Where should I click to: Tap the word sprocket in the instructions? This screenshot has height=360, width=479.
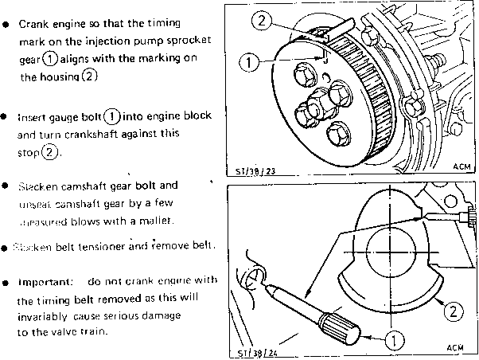[x=179, y=41]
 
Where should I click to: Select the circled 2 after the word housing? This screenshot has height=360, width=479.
[x=89, y=77]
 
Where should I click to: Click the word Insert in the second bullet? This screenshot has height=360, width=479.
[x=33, y=116]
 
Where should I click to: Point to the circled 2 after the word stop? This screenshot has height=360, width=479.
[x=51, y=152]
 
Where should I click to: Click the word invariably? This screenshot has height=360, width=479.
[x=46, y=317]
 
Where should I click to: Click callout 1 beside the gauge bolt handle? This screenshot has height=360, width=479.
[x=393, y=339]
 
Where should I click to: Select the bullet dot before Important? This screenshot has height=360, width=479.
[x=6, y=282]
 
